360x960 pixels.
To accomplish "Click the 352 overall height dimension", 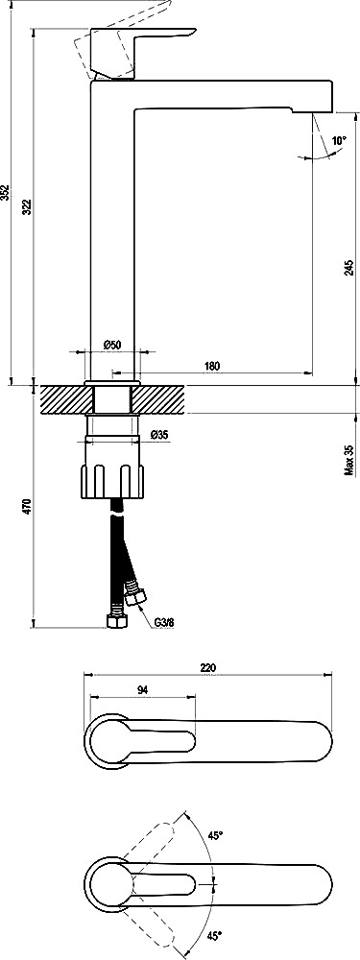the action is click(x=6, y=192).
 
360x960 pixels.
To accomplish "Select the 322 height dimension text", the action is click(x=26, y=207).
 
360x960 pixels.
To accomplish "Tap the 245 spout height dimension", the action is click(x=348, y=268).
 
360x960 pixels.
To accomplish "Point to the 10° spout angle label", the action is click(x=339, y=140).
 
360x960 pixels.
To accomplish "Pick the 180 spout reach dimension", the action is click(x=211, y=366).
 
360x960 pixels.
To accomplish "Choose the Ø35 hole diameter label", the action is click(x=158, y=435).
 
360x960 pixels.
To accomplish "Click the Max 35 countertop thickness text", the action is click(x=348, y=460).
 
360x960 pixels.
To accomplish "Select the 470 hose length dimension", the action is click(x=26, y=506).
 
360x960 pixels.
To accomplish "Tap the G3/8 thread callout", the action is click(x=165, y=622).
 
